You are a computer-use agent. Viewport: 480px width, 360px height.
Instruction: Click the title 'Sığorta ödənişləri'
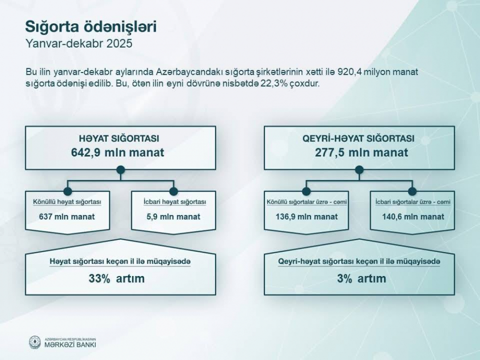pyautogui.click(x=91, y=27)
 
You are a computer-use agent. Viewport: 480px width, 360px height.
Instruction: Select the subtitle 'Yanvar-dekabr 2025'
pyautogui.click(x=79, y=44)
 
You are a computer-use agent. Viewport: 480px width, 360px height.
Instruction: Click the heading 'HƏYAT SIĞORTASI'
pyautogui.click(x=119, y=138)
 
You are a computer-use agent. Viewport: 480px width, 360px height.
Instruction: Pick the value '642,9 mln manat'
pyautogui.click(x=118, y=153)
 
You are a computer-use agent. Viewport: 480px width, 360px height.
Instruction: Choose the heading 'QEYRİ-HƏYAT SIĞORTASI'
pyautogui.click(x=359, y=138)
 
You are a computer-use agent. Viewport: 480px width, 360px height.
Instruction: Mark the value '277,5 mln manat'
pyautogui.click(x=361, y=153)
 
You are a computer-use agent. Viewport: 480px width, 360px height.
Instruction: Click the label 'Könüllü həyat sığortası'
pyautogui.click(x=67, y=202)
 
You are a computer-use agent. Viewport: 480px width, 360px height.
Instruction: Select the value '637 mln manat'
pyautogui.click(x=67, y=217)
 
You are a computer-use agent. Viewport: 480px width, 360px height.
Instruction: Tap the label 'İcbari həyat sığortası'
pyautogui.click(x=175, y=202)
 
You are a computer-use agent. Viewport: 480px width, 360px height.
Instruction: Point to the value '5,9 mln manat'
pyautogui.click(x=173, y=217)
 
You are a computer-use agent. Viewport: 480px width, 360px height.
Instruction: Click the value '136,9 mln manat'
pyautogui.click(x=306, y=217)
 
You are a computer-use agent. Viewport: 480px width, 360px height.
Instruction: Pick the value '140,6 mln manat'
pyautogui.click(x=413, y=217)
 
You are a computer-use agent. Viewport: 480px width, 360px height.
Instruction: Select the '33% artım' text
pyautogui.click(x=117, y=278)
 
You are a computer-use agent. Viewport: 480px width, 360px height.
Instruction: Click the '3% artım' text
pyautogui.click(x=361, y=278)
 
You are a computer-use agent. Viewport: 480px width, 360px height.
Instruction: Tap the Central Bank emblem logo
pyautogui.click(x=35, y=342)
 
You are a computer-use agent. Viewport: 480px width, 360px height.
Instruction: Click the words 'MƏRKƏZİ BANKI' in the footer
pyautogui.click(x=70, y=345)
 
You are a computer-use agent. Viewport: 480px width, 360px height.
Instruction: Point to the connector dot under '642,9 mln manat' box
pyautogui.click(x=120, y=169)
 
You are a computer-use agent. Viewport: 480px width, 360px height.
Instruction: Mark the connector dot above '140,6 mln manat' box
pyautogui.click(x=412, y=192)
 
